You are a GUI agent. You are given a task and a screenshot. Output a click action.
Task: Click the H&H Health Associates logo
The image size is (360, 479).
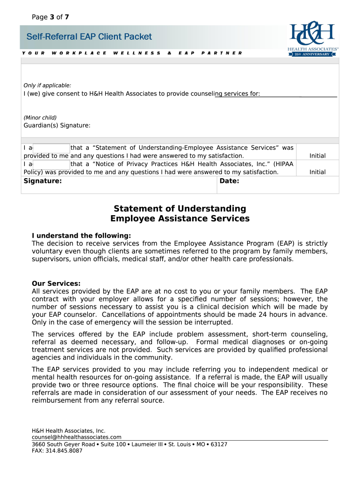(313, 39)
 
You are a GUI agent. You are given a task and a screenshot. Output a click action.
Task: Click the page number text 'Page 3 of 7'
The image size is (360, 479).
(50, 17)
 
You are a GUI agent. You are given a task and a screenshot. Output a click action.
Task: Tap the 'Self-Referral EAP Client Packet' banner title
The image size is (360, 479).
(89, 37)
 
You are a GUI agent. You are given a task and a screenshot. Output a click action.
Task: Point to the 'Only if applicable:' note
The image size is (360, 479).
(47, 85)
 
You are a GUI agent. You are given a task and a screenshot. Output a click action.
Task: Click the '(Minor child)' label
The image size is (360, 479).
(40, 117)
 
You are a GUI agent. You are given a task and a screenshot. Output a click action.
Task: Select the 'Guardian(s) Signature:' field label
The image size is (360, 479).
(57, 125)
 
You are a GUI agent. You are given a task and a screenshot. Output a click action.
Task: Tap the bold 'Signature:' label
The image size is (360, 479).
(43, 181)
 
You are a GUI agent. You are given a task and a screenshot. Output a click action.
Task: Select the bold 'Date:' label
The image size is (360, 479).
(229, 181)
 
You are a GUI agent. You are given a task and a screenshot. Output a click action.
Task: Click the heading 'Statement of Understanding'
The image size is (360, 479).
(180, 209)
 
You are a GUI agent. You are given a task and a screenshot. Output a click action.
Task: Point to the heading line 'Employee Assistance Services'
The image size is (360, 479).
(180, 219)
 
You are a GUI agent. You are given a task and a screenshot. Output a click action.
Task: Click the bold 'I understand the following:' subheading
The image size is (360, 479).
(81, 236)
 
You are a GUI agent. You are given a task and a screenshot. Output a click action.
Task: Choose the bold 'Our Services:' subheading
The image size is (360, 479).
(56, 283)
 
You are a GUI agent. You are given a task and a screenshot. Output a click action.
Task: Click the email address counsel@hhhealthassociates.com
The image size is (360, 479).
(77, 437)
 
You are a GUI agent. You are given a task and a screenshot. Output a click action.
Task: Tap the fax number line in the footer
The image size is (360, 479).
(57, 450)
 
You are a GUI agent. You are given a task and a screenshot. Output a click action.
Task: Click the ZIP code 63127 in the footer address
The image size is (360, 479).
(219, 444)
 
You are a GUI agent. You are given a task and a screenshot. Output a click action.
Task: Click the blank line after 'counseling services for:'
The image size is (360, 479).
(299, 94)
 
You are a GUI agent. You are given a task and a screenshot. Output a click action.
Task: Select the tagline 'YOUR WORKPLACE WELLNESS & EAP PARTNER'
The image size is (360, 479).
(132, 53)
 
